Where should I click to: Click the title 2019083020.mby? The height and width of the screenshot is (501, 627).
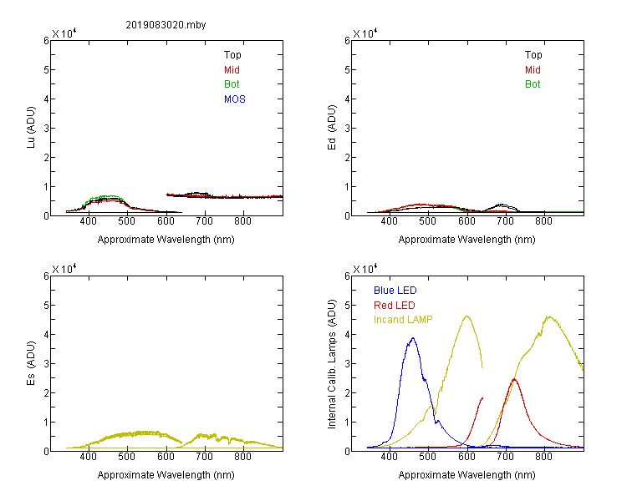[166, 25]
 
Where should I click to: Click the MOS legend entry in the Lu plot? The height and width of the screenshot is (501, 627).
[234, 99]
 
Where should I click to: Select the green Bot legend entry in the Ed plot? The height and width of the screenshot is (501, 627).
[533, 84]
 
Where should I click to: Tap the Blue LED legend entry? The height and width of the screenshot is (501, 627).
[395, 291]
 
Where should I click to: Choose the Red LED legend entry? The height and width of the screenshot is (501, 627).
[395, 306]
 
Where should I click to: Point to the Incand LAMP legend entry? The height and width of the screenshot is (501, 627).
[403, 320]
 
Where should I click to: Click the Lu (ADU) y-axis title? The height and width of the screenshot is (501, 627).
[31, 127]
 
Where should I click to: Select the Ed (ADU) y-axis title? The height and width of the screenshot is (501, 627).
[332, 127]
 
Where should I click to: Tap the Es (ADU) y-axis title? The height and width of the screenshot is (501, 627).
[31, 362]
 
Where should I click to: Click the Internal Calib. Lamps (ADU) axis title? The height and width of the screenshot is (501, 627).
[332, 364]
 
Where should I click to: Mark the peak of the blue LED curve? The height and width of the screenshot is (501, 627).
[413, 338]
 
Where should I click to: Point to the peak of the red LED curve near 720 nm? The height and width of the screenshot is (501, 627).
[514, 379]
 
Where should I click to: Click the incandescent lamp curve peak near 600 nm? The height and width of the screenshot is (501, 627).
[466, 316]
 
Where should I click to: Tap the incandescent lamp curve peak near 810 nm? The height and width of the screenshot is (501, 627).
[549, 316]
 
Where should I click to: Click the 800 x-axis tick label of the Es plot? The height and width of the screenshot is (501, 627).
[242, 457]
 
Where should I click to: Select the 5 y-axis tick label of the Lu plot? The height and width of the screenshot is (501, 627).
[46, 70]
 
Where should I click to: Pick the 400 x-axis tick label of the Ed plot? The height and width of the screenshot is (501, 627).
[389, 221]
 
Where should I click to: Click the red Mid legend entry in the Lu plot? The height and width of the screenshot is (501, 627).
[232, 70]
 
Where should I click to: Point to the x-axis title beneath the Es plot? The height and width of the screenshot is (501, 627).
[166, 475]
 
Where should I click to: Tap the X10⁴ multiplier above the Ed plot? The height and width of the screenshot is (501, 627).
[365, 33]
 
